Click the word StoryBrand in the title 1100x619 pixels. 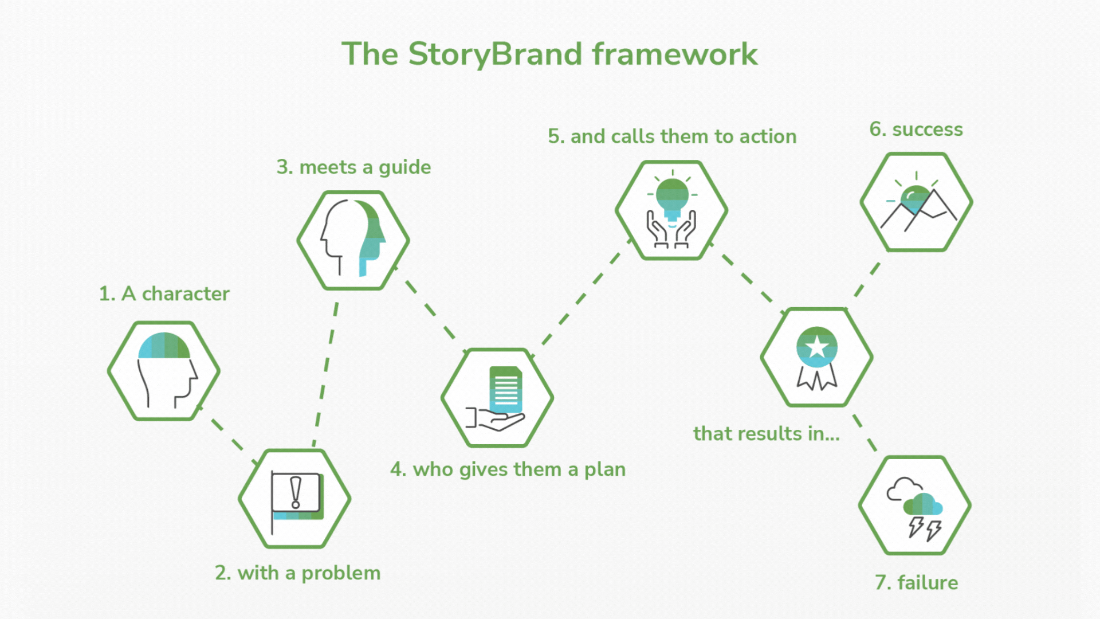click(496, 54)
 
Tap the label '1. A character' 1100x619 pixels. click(164, 293)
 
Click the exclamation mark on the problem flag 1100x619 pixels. click(296, 492)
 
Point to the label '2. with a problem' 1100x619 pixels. click(297, 573)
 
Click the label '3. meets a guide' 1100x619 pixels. click(353, 167)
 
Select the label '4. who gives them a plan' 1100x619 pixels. click(508, 469)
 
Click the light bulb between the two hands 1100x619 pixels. click(672, 198)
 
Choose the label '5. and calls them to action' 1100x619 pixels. click(672, 136)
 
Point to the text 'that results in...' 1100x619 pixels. click(766, 434)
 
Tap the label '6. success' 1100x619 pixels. click(916, 130)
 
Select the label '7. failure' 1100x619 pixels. click(916, 583)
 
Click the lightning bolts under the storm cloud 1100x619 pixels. click(925, 528)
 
